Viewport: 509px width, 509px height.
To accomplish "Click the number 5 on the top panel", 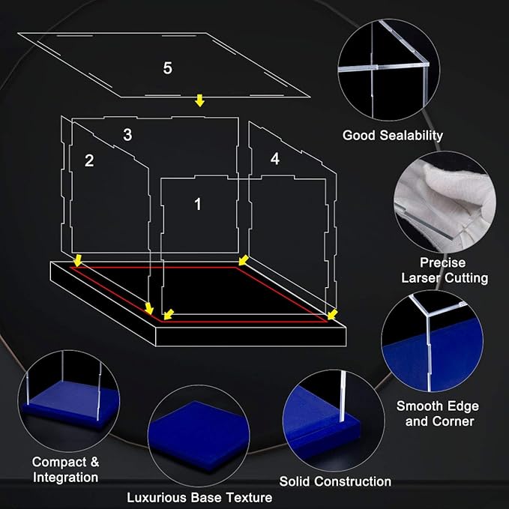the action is coord(167,68).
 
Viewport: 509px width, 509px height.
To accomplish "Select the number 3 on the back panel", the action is coord(127,134).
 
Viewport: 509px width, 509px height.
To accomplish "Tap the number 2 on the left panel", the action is coord(89,160).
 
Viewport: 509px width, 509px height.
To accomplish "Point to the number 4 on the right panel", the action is coord(275,159).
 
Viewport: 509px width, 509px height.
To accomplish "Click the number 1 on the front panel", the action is coord(198,204).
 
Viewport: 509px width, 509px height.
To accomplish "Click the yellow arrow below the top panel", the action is coord(199,100).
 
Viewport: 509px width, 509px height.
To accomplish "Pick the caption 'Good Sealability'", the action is coord(393,136).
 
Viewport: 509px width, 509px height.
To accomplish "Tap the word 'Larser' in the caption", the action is coord(421,278).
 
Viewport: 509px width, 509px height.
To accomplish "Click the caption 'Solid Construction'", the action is coord(335,481).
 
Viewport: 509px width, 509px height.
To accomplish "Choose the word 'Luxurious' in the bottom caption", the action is coord(157,498).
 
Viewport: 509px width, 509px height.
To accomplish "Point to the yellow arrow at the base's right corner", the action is coord(332,314).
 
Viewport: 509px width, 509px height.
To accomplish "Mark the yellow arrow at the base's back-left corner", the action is coord(77,260).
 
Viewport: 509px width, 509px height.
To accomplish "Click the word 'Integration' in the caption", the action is coord(65,478).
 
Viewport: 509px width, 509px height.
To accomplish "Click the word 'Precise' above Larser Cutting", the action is coord(443,262).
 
